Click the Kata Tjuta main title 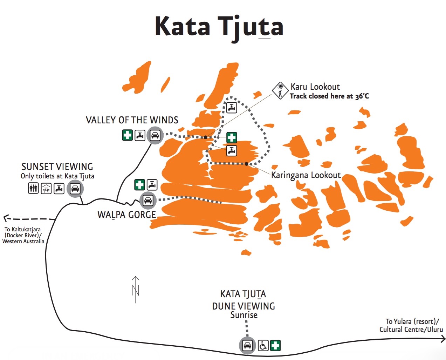click(x=219, y=27)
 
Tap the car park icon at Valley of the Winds click(x=155, y=135)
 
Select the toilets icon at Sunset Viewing click(x=34, y=189)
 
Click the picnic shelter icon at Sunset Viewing click(x=47, y=189)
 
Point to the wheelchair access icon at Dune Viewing click(x=263, y=345)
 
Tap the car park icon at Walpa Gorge click(x=148, y=201)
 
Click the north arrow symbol click(x=136, y=290)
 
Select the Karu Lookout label click(x=315, y=87)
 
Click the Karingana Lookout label click(x=306, y=175)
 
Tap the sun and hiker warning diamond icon click(x=280, y=91)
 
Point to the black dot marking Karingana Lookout click(x=247, y=164)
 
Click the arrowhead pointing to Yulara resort click(x=443, y=339)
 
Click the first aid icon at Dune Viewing click(x=275, y=345)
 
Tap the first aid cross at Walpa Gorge click(x=139, y=185)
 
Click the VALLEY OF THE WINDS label click(x=132, y=120)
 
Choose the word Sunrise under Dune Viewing click(x=244, y=315)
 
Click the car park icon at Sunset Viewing click(x=75, y=189)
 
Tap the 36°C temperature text click(x=362, y=96)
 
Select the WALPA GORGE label click(x=126, y=215)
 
